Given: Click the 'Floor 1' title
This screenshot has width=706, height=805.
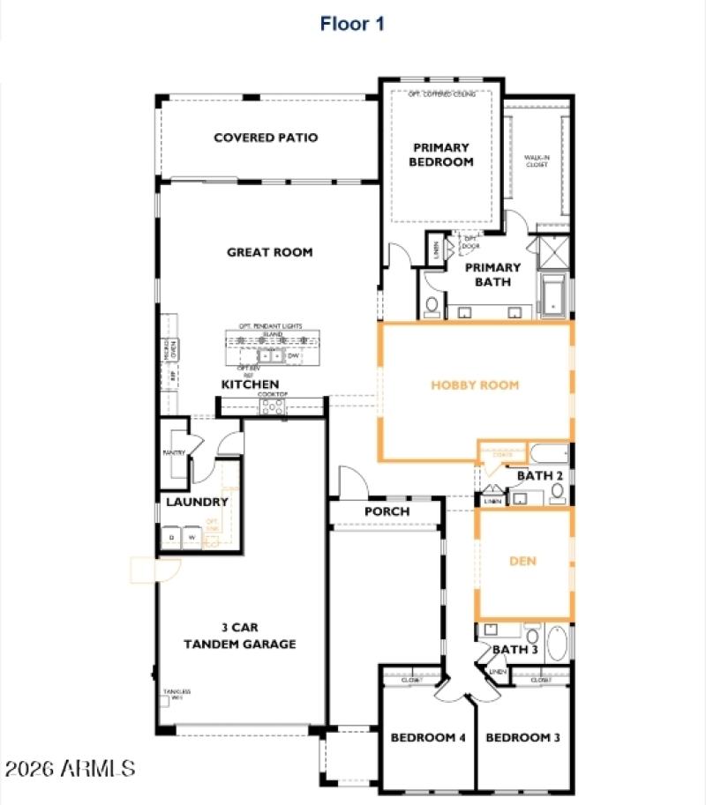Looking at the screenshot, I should click(x=352, y=24).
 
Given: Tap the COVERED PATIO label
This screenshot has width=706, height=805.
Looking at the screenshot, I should click(x=266, y=138).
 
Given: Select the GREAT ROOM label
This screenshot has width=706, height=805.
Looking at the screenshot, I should click(x=269, y=252).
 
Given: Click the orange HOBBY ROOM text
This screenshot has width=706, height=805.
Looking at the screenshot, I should click(x=475, y=385).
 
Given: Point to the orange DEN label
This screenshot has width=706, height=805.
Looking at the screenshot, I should click(x=523, y=561).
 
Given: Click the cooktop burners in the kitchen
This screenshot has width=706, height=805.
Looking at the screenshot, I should click(x=272, y=406).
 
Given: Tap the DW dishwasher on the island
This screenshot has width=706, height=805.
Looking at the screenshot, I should click(x=293, y=356).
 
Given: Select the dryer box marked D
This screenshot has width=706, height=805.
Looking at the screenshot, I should click(x=171, y=537).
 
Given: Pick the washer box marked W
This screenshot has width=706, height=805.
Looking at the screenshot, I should click(x=192, y=537).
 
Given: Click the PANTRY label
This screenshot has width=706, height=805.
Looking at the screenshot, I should click(x=174, y=453).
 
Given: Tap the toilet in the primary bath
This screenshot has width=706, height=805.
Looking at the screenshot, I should click(x=432, y=305).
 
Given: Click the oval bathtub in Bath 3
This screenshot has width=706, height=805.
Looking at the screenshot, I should click(x=558, y=644).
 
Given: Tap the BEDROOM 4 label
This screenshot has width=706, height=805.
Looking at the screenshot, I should click(x=428, y=737).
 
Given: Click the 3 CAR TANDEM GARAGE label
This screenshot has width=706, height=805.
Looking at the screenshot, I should click(x=239, y=636).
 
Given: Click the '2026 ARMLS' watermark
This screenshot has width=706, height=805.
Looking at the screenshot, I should click(x=70, y=768).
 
